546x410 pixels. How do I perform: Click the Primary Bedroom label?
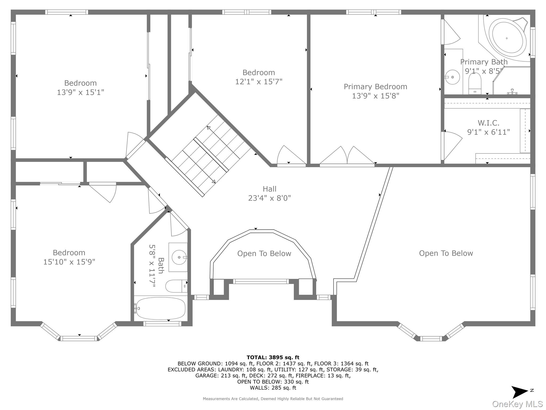pyautogui.click(x=375, y=86)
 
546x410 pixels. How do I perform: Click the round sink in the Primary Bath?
pyautogui.click(x=452, y=77)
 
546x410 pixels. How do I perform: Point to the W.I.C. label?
pyautogui.click(x=488, y=123)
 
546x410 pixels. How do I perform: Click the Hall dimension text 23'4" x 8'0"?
pyautogui.click(x=269, y=198)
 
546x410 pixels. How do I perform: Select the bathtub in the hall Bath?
pyautogui.click(x=160, y=308)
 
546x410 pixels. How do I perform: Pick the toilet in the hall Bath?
pyautogui.click(x=176, y=286)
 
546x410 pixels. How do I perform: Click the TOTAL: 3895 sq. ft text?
pyautogui.click(x=273, y=357)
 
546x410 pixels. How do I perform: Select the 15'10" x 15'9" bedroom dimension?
pyautogui.click(x=69, y=262)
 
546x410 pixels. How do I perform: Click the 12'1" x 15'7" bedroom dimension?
pyautogui.click(x=259, y=82)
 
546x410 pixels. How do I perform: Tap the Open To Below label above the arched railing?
pyautogui.click(x=264, y=254)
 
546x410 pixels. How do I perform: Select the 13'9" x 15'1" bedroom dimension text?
pyautogui.click(x=80, y=92)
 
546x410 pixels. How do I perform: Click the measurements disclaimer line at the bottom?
pyautogui.click(x=273, y=399)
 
